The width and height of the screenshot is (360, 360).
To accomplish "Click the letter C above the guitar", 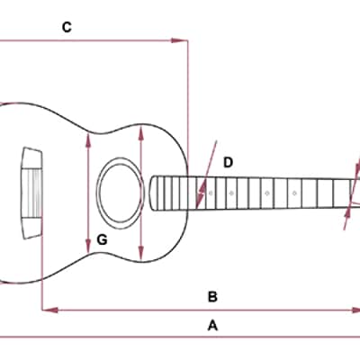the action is point(67,27).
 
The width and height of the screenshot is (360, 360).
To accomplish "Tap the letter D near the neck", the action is point(229,163).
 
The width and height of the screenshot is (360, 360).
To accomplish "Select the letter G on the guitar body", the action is point(102,239).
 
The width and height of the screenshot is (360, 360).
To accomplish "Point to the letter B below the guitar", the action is point(212,297).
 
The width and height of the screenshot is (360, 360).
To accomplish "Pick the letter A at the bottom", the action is point(212,325).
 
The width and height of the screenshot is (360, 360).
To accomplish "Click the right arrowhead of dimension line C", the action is point(179,40).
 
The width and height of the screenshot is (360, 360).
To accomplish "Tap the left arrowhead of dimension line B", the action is point(49,310).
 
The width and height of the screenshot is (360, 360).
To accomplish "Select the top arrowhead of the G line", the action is point(88,140).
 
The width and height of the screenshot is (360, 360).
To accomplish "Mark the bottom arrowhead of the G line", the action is point(88,246).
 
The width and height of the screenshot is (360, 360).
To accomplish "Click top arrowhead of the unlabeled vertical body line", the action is point(141,133).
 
